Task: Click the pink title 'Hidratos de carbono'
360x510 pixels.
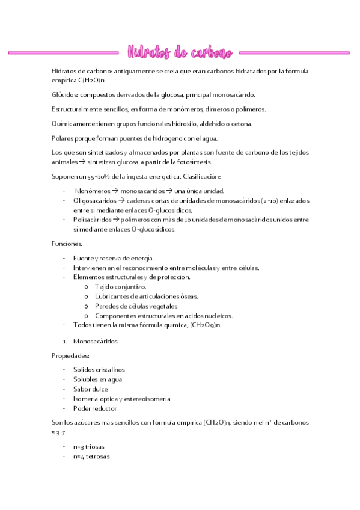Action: coord(180,52)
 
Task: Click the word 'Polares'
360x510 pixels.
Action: coord(62,138)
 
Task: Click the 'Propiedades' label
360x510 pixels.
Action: coord(70,355)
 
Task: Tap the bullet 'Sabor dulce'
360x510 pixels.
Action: coord(91,389)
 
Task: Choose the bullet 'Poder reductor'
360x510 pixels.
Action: coord(95,408)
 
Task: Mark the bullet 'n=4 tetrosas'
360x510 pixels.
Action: coord(93,456)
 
